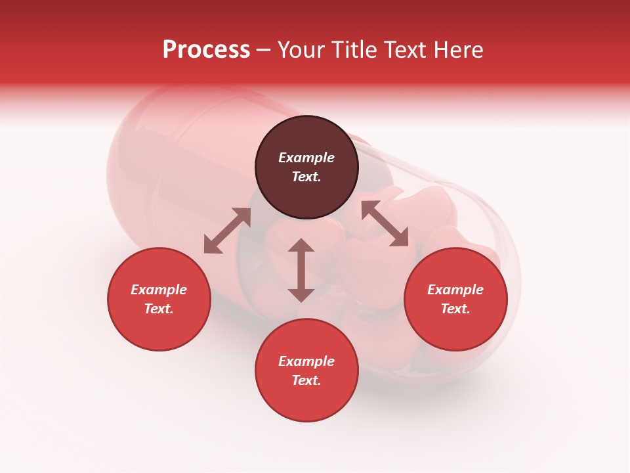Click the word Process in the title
[206, 50]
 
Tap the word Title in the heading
[354, 50]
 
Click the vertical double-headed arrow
[301, 270]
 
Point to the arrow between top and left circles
[227, 231]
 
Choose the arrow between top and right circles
[385, 223]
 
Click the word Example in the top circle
[306, 158]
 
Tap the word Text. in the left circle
[159, 309]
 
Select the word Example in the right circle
[455, 290]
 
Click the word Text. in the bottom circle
[306, 380]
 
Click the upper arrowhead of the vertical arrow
[301, 246]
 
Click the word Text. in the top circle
[306, 177]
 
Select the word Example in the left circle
[159, 290]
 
